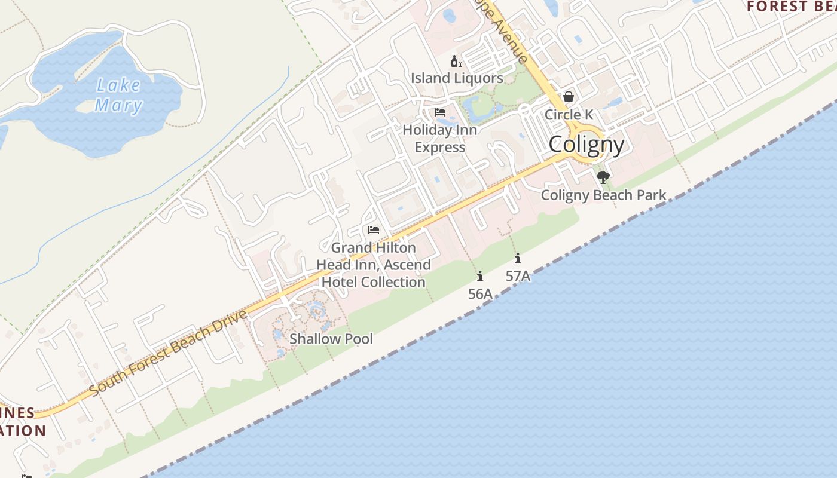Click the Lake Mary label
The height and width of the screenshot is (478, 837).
pos(119,96)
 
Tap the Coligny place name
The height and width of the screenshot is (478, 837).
pos(586,145)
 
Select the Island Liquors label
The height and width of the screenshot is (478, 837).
pos(457,78)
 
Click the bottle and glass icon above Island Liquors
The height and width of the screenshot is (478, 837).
pos(457,61)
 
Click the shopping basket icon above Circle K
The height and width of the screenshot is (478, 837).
pos(568,97)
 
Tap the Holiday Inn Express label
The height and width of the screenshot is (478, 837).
pos(439,139)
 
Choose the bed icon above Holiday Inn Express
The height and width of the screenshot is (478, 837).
pos(440,112)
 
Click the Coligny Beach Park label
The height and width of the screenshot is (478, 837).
pos(603,195)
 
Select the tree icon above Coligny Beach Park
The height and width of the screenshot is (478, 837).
pos(603,177)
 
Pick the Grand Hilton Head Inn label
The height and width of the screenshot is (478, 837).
pos(374,265)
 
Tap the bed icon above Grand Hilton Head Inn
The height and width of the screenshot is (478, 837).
pos(374,230)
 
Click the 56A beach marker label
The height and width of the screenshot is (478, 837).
pos(480,293)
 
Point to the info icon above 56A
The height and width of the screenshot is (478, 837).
pos(480,276)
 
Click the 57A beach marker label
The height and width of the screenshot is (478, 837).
pos(518,276)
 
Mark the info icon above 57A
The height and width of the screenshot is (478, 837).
pos(518,259)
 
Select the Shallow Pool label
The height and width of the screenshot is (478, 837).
pos(331,339)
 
